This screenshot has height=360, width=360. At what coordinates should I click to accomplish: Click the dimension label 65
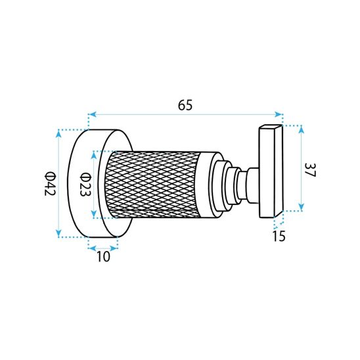point(185,105)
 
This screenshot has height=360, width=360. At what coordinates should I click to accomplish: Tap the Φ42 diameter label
point(50,183)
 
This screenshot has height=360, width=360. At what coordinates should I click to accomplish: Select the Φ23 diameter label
point(85,184)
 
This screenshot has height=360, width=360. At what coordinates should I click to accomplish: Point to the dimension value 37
point(311,170)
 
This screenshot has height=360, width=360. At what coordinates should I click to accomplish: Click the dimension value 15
point(279,236)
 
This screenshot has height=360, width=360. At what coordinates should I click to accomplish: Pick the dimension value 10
point(103,256)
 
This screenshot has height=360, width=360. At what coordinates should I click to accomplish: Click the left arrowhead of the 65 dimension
point(93,114)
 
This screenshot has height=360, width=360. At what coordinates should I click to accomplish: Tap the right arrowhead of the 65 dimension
point(279,114)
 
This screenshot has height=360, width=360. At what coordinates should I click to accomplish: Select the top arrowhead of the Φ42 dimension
point(59,133)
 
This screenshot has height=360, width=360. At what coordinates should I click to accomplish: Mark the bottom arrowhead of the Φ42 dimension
point(59,233)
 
